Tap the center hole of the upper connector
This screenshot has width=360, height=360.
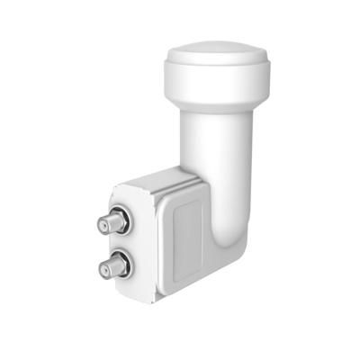click(111, 220)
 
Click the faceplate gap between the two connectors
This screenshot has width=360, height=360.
click(118, 243)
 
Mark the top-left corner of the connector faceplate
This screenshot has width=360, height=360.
click(114, 186)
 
